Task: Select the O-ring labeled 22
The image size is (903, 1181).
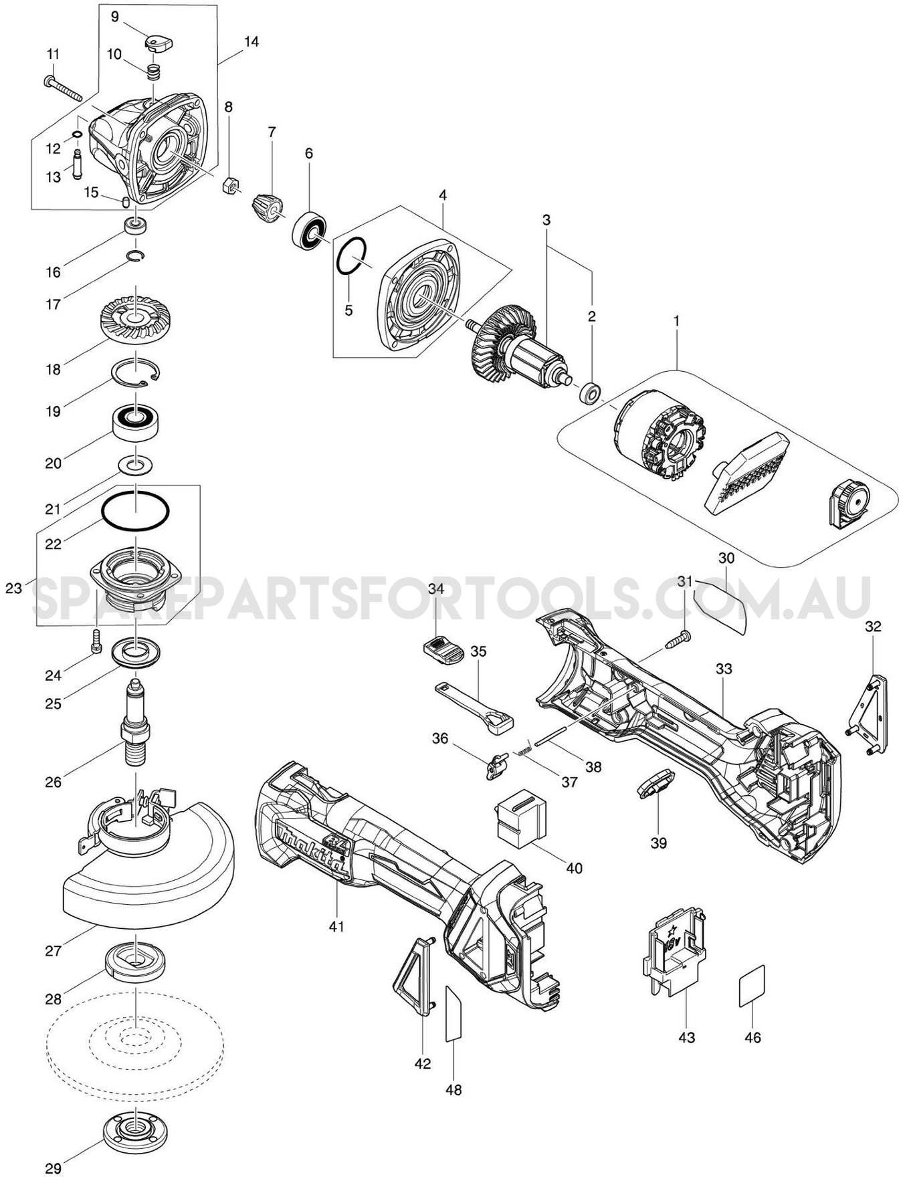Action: coord(135,512)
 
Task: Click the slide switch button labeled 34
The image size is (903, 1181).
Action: coord(442,648)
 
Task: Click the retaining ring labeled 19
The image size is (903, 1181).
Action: coord(136,370)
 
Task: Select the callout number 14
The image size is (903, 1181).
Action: coord(251,41)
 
